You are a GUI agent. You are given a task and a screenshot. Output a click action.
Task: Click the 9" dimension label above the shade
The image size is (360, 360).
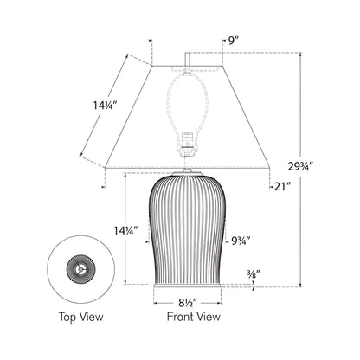[232, 40]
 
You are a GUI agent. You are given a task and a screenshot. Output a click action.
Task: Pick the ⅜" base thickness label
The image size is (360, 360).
[252, 276]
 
